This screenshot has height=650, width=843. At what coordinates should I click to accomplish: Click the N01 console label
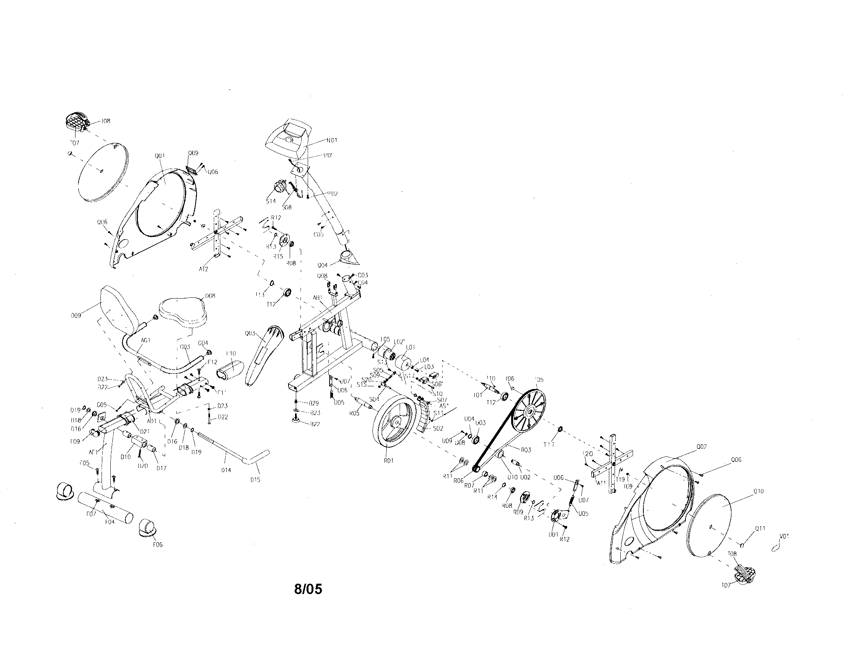pyautogui.click(x=331, y=140)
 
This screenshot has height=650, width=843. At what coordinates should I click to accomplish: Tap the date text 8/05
pyautogui.click(x=308, y=589)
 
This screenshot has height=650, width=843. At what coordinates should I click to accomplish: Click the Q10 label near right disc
pyautogui.click(x=758, y=491)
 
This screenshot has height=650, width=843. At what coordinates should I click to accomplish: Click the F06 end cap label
pyautogui.click(x=157, y=545)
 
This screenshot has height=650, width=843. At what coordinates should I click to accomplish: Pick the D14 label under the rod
pyautogui.click(x=226, y=470)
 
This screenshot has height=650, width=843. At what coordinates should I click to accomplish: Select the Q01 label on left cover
pyautogui.click(x=159, y=156)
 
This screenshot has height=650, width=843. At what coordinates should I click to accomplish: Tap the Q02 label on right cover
pyautogui.click(x=701, y=446)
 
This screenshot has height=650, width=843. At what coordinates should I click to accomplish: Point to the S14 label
pyautogui.click(x=271, y=201)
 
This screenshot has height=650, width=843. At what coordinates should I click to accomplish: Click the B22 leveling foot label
pyautogui.click(x=315, y=424)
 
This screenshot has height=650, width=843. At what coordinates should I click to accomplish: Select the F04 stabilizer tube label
pyautogui.click(x=110, y=522)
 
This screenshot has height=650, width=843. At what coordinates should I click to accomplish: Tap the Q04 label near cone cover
pyautogui.click(x=323, y=265)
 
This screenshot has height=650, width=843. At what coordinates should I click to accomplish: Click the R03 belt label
pyautogui.click(x=526, y=450)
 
